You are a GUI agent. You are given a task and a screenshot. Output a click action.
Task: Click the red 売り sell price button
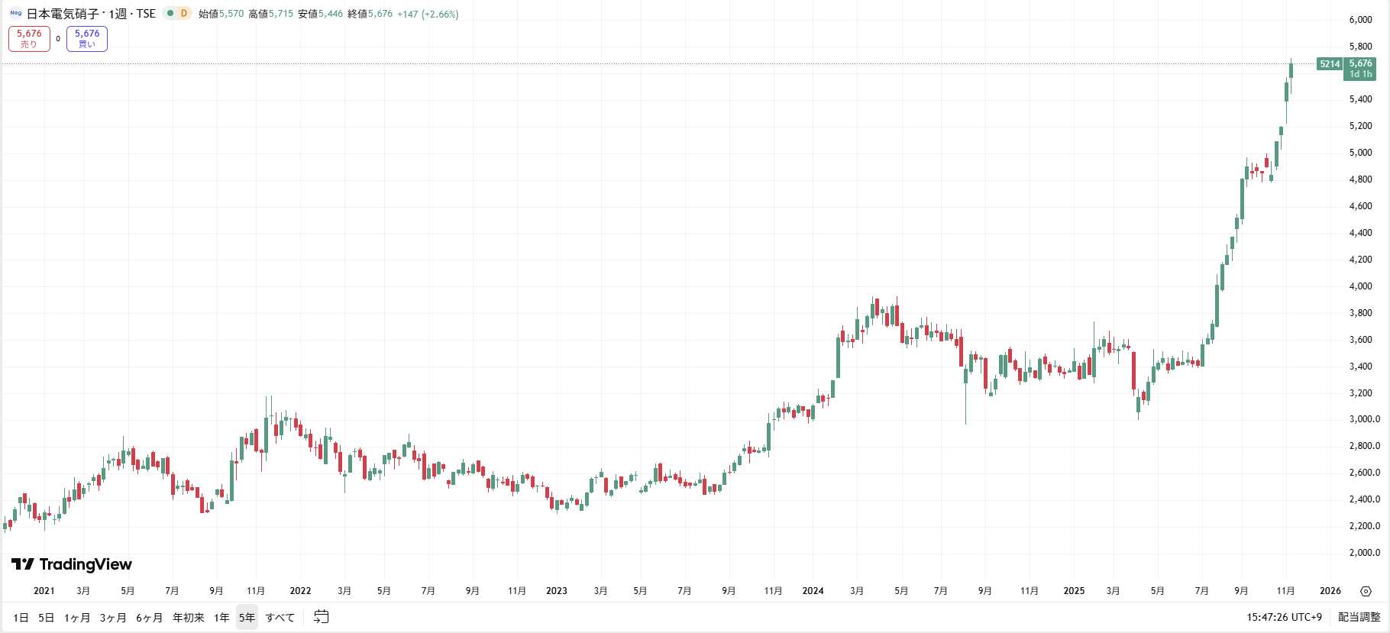[29, 39]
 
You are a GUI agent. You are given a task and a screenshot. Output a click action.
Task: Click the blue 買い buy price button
[87, 39]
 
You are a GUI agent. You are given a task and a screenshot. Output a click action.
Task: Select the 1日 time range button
[21, 618]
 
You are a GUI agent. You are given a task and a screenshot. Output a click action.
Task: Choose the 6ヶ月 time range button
[149, 618]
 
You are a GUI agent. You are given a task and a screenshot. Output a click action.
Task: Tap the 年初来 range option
[188, 618]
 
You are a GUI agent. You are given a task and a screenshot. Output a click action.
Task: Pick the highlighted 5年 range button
[247, 618]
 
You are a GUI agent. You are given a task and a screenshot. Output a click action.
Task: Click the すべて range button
[280, 618]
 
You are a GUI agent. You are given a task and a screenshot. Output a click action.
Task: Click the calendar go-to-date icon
[322, 617]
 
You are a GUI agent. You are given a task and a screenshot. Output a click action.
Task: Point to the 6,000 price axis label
[1360, 20]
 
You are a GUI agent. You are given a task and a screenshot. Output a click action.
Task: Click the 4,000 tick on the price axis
[1360, 286]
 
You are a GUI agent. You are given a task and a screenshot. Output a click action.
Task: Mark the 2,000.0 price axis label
[1364, 553]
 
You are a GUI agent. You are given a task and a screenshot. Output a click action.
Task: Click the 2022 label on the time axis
[300, 591]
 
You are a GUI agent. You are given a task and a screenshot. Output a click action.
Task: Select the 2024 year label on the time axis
[813, 591]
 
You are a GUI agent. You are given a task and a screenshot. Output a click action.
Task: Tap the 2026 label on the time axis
[1330, 591]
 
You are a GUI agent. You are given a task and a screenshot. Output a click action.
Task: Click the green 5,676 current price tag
[1360, 69]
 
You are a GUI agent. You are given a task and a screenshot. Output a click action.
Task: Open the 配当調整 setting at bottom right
[1359, 617]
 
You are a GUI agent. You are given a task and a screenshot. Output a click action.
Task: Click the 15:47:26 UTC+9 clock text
[1284, 617]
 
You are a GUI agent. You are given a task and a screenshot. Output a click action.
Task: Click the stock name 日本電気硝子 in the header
[63, 14]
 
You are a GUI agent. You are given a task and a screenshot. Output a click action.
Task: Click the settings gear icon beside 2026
[1366, 591]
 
